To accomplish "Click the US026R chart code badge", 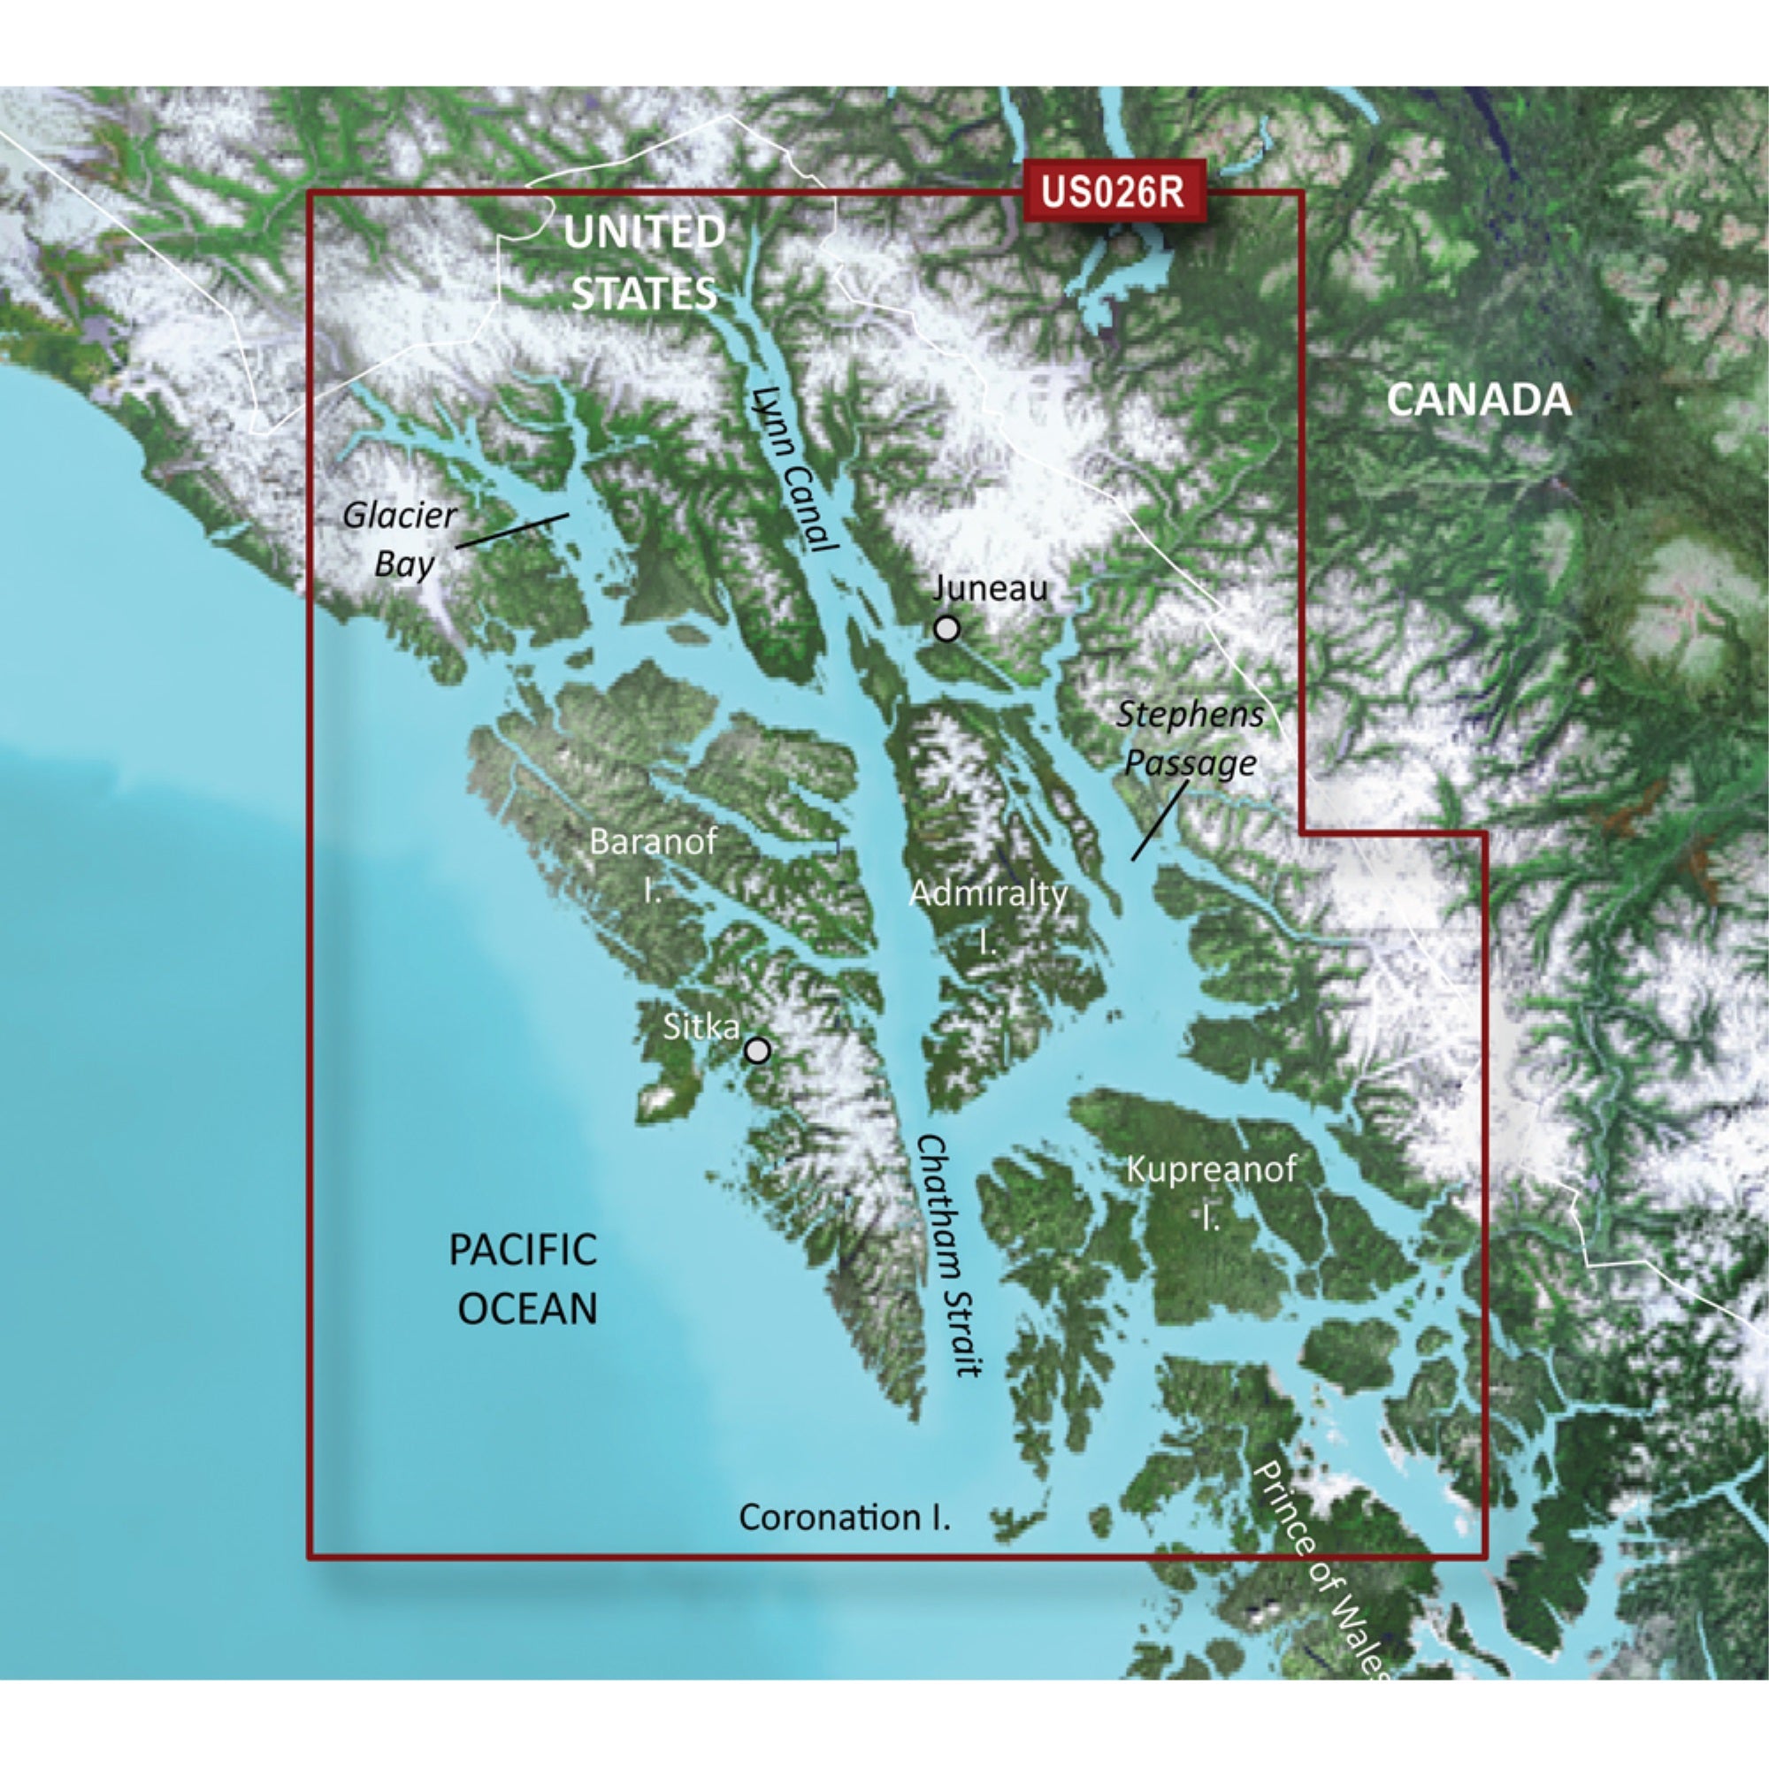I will pos(1113,192).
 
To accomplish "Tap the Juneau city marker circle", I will pos(946,629).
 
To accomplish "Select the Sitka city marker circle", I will pos(757,1050).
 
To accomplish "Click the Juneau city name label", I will pos(990,588).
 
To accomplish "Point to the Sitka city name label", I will pos(701,1026).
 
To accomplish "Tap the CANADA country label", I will pos(1479,400).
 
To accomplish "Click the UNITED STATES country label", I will pos(644,264).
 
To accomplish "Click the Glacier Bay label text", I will pos(400,540).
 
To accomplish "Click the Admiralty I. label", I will pos(988,915).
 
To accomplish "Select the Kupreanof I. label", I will pos(1211,1191).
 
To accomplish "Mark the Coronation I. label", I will pos(844,1518).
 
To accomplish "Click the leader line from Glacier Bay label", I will pos(512,531).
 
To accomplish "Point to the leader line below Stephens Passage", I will pos(1160,821).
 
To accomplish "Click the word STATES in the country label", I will pos(644,294).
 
